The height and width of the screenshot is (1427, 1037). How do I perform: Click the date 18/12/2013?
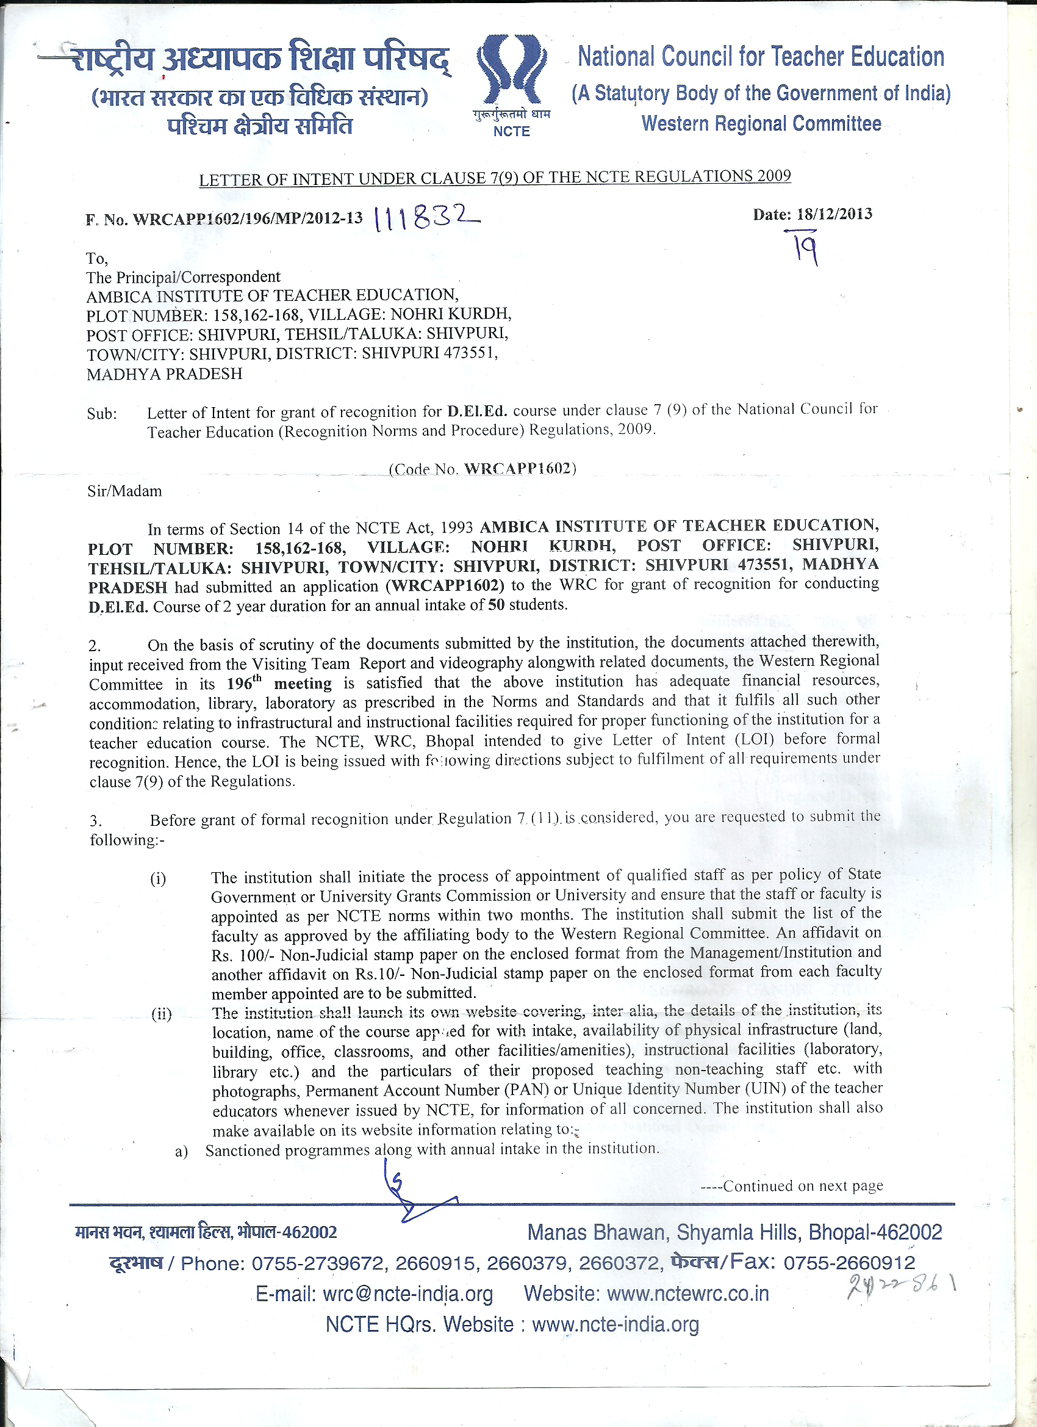[x=834, y=214]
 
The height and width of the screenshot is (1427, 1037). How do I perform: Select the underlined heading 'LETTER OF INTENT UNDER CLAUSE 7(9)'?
[x=494, y=178]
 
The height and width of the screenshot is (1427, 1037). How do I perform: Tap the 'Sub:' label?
[x=102, y=414]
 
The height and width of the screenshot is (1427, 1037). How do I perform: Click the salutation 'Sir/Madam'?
[x=124, y=491]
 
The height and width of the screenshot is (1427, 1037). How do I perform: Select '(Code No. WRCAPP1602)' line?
[x=483, y=469]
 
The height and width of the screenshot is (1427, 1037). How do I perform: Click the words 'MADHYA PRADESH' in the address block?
[x=164, y=374]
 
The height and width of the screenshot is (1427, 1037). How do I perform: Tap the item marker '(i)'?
[x=158, y=879]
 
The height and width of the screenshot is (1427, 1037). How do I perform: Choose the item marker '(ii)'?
[x=161, y=1014]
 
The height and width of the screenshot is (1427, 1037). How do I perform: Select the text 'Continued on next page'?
[x=802, y=1186]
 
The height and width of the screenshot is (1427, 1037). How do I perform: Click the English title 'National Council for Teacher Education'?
[x=761, y=57]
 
